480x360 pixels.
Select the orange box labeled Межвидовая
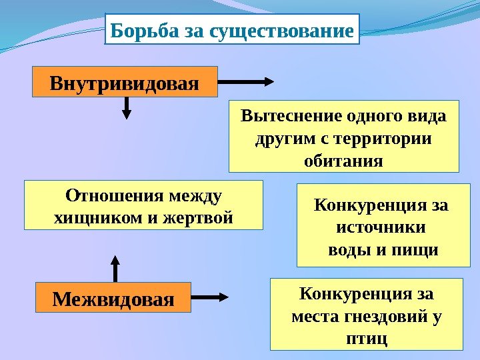pyautogui.click(x=113, y=297)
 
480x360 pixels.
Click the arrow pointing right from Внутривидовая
pyautogui.click(x=246, y=82)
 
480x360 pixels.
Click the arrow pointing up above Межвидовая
pyautogui.click(x=115, y=268)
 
